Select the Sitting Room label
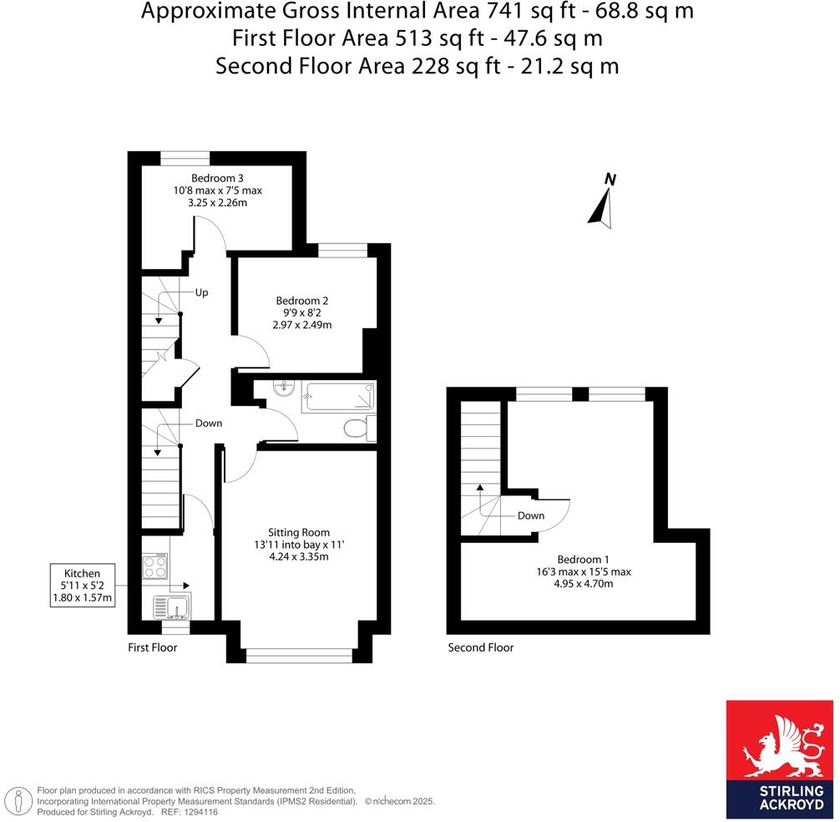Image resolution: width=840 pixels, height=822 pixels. (298, 532)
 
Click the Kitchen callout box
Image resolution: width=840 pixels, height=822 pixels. (83, 586)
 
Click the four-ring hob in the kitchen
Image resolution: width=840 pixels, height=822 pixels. (155, 567)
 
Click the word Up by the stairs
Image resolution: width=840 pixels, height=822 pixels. (201, 293)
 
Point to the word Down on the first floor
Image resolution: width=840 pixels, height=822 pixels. (209, 424)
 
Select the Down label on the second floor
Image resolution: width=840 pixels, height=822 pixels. (530, 515)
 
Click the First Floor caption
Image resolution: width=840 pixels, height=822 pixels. (152, 647)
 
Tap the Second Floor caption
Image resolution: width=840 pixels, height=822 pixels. (480, 647)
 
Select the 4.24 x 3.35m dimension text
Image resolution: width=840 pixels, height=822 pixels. (298, 557)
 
